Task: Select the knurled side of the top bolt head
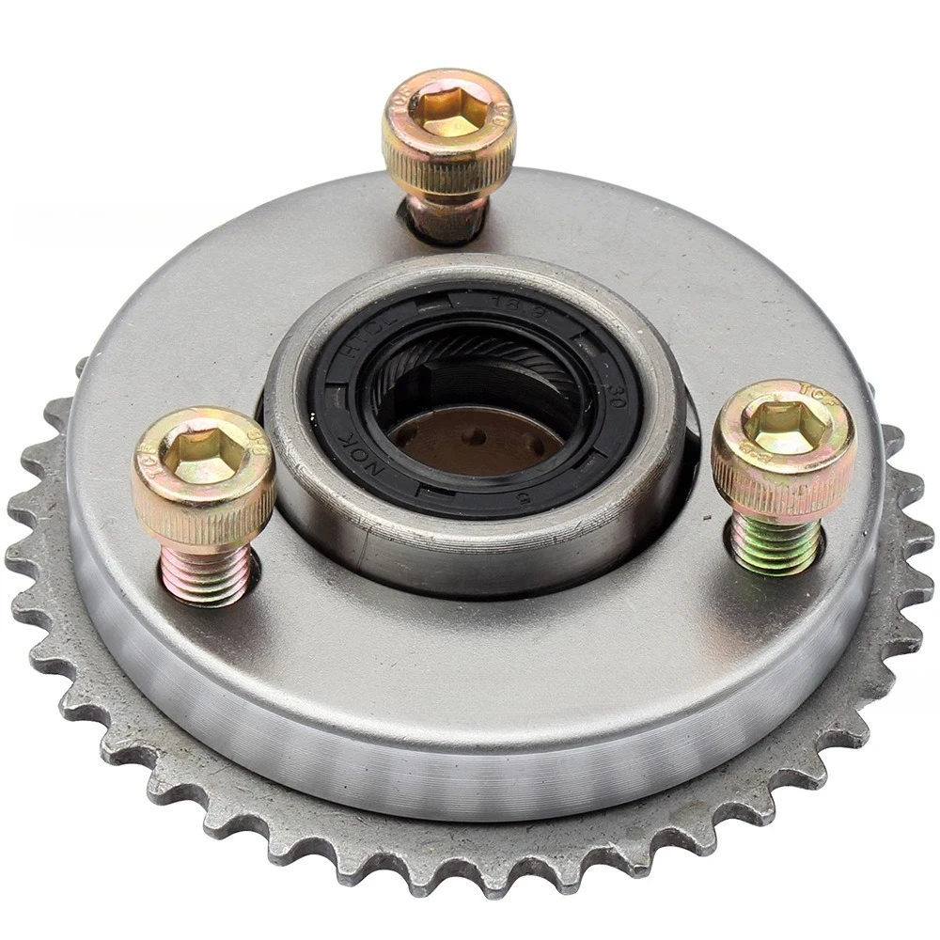[449, 169]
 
